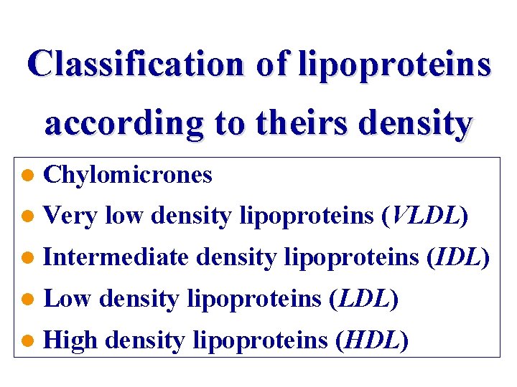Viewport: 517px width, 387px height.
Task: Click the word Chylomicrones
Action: click(128, 174)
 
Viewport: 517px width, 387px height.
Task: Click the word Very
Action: click(70, 215)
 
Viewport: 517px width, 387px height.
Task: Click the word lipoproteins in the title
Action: click(394, 64)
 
